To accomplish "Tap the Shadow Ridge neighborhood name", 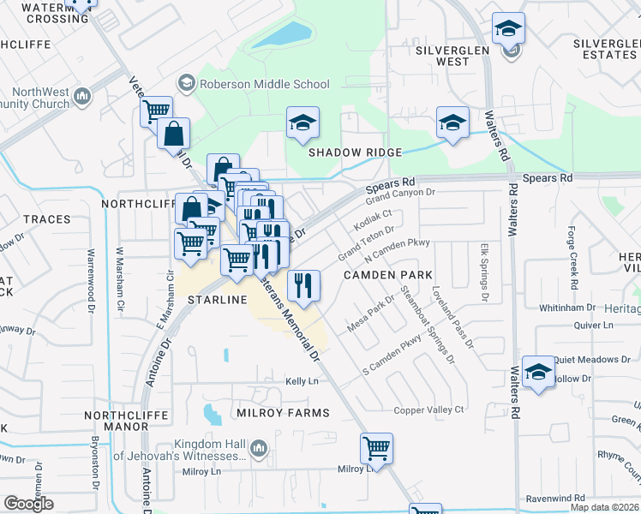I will (356, 152).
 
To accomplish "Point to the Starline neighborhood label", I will (218, 300).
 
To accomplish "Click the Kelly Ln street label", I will (302, 381).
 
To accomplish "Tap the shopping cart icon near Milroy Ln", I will (376, 448).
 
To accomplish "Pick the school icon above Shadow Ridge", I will (303, 124).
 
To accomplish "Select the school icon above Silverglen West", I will (508, 30).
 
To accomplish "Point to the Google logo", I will (28, 504).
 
